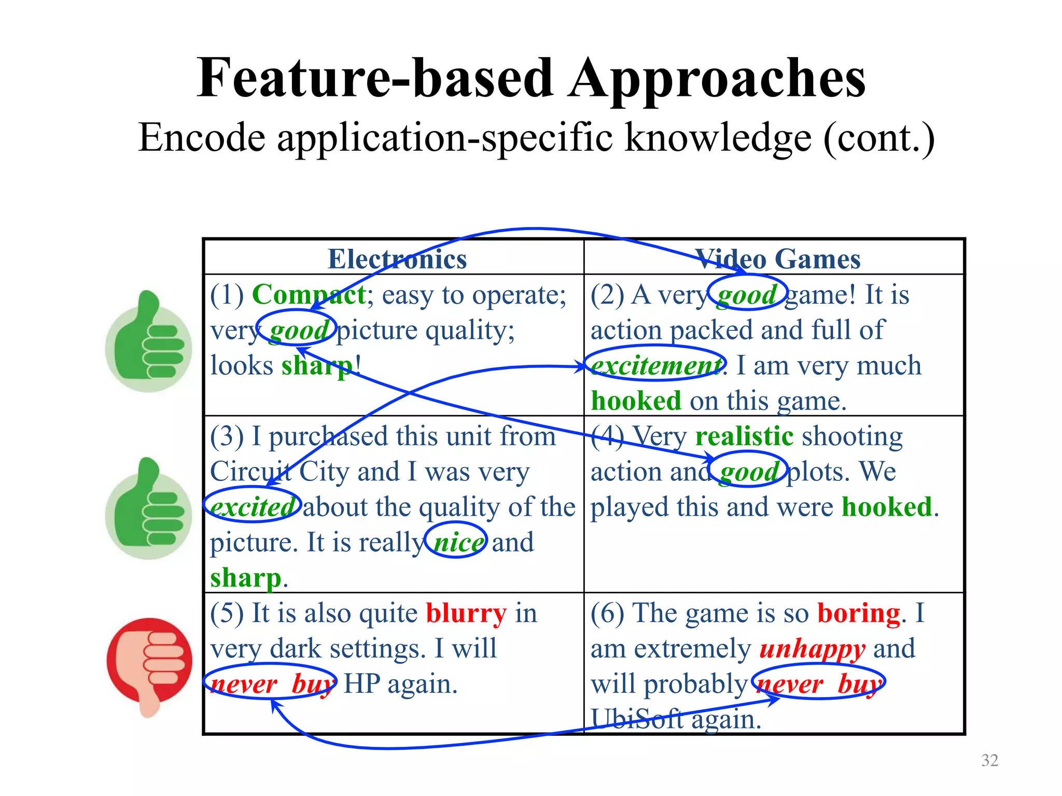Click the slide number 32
[x=989, y=760]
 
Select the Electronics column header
[x=397, y=259]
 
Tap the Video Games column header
[x=777, y=259]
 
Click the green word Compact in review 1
[x=309, y=295]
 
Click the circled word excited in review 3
[x=253, y=506]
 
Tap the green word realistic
[x=744, y=436]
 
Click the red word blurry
[x=466, y=613]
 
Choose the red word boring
[x=859, y=613]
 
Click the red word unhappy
[x=812, y=649]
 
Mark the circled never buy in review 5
[x=271, y=684]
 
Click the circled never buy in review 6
[x=818, y=684]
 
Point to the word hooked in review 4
[x=886, y=506]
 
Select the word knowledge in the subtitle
[x=718, y=138]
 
